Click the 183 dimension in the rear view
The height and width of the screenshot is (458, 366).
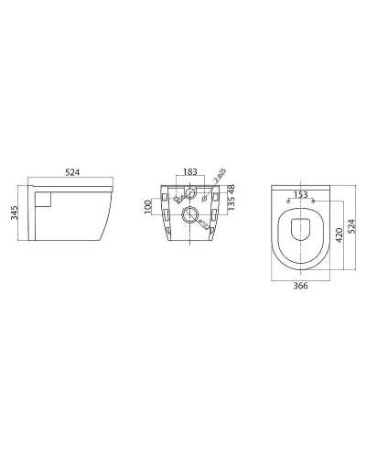click(189, 171)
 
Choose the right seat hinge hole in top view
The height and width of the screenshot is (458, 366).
click(312, 201)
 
